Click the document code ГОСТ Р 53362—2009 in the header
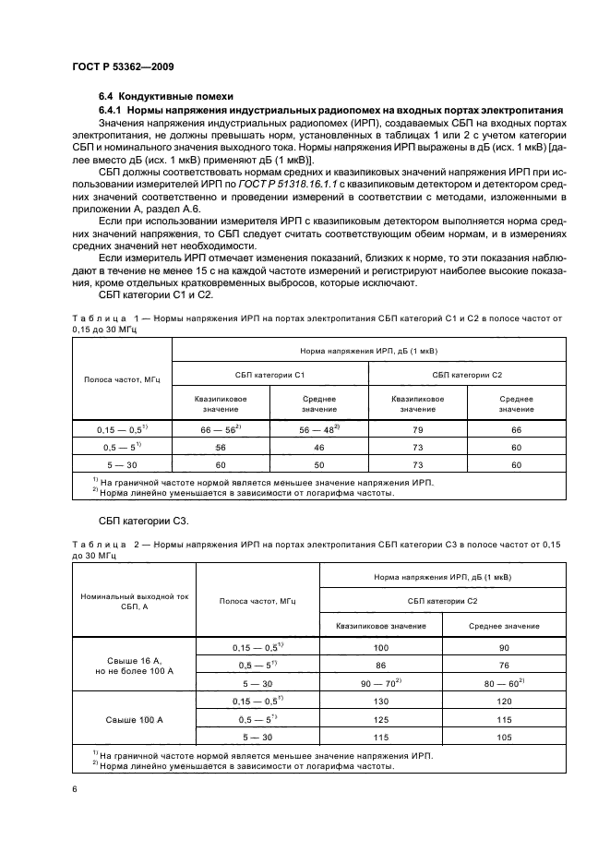click(x=123, y=66)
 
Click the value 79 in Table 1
click(x=418, y=429)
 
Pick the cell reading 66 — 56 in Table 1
click(x=220, y=429)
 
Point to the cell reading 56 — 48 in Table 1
click(x=317, y=429)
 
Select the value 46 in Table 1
click(x=318, y=447)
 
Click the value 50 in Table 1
click(x=318, y=464)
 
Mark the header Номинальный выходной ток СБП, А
click(x=134, y=603)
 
